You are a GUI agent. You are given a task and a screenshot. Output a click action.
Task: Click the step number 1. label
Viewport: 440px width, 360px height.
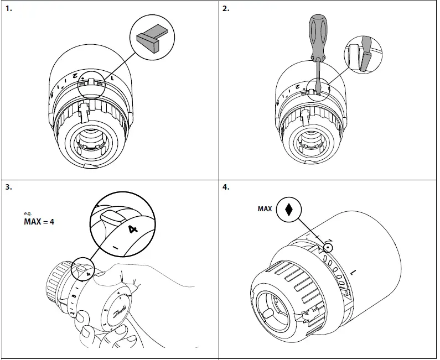tap(8, 9)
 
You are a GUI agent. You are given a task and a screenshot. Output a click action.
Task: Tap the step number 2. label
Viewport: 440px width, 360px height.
tap(226, 9)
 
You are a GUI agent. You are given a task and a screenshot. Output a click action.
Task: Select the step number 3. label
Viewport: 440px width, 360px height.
tap(8, 187)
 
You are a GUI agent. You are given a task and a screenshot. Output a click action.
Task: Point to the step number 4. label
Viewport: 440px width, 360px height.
tap(226, 187)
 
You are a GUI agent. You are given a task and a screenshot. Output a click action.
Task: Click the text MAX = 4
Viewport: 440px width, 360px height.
tap(39, 222)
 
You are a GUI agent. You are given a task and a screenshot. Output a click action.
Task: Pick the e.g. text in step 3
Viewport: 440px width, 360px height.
tap(28, 213)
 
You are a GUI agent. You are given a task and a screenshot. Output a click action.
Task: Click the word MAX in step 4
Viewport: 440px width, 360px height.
tap(265, 209)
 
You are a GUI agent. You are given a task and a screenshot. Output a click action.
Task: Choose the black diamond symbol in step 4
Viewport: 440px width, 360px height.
tap(288, 210)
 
